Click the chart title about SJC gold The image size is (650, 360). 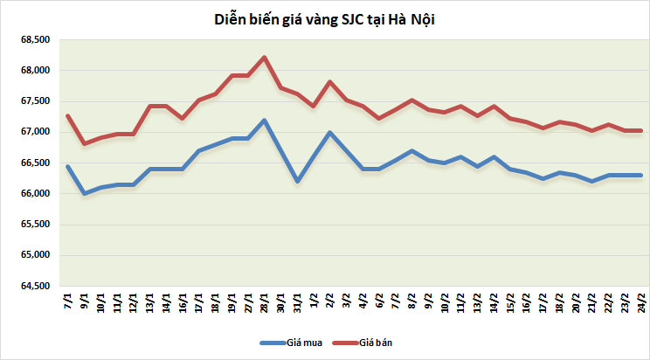coord(324,19)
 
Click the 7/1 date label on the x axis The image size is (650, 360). coord(68,303)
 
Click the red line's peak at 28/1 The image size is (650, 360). coord(265,58)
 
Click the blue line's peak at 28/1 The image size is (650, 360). coord(265,120)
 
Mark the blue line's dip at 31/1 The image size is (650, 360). coord(297,181)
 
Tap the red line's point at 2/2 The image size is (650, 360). coord(330,82)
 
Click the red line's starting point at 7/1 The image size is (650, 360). coord(68,115)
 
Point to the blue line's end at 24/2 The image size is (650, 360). coord(641,175)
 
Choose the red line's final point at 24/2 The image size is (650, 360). coord(641,130)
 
